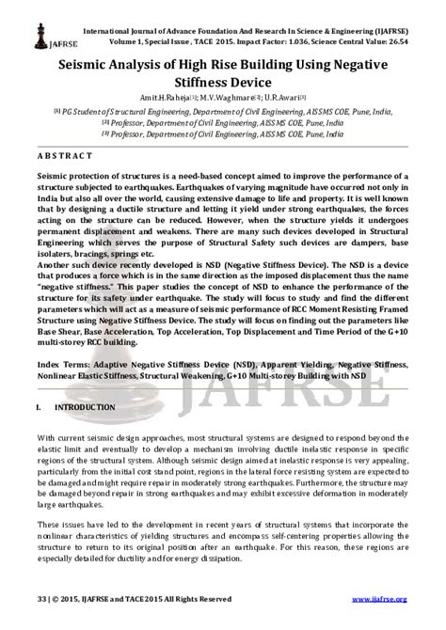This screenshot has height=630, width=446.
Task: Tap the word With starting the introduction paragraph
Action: point(47,439)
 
